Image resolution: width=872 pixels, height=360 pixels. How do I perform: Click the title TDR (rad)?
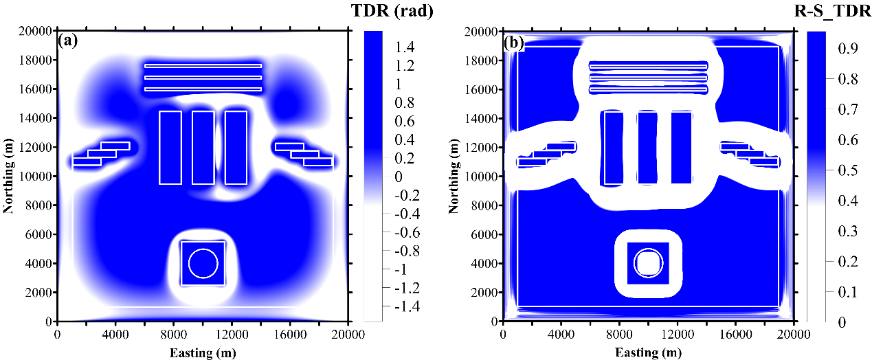pos(393,12)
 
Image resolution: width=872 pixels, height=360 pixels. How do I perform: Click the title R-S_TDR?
pos(833,12)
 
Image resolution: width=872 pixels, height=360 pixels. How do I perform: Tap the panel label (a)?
pos(69,41)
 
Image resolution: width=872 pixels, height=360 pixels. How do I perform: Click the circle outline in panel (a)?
pos(203,263)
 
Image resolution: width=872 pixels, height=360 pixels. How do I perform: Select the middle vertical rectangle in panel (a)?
pos(203,147)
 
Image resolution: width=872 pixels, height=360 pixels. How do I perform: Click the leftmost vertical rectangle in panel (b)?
pos(612,147)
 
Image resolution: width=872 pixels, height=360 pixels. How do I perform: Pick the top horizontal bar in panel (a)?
pos(203,66)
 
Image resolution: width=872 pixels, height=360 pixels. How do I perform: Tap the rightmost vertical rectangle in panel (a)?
pos(236,147)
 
